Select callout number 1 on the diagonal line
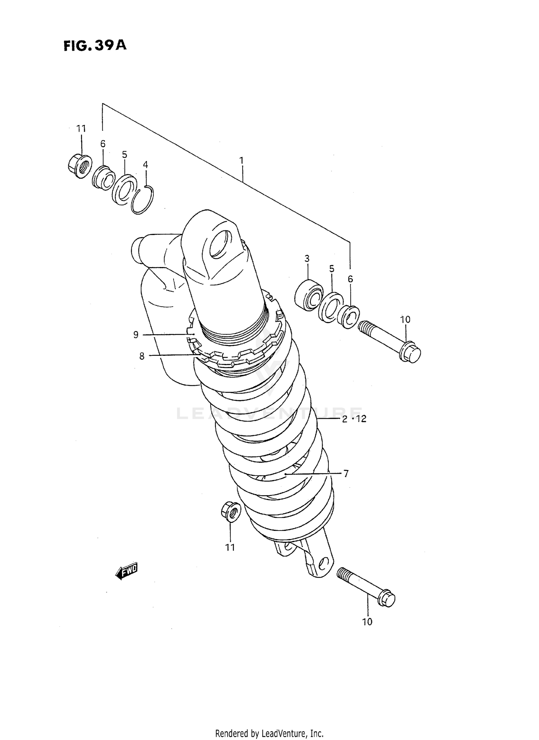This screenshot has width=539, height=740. [241, 160]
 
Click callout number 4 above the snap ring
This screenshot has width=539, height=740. [145, 165]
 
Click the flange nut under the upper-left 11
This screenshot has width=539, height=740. [79, 166]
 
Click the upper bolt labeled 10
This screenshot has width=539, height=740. [390, 340]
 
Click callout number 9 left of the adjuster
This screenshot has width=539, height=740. [136, 335]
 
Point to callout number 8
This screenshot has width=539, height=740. [142, 356]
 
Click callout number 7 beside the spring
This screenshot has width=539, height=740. [346, 474]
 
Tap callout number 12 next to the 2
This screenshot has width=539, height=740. [361, 419]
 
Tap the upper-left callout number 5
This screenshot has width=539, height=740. [124, 155]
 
